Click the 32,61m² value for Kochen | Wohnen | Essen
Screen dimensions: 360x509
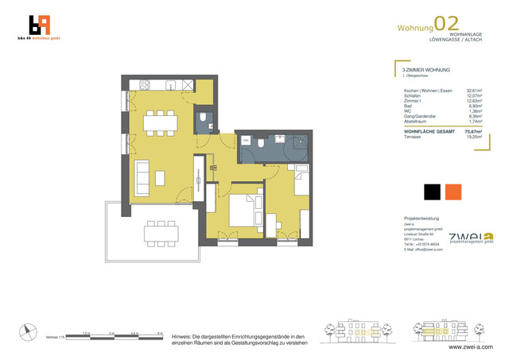click(x=474, y=91)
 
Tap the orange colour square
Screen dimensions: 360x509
click(x=453, y=192)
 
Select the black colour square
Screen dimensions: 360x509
click(x=432, y=192)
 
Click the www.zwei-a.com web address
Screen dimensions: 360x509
click(x=470, y=347)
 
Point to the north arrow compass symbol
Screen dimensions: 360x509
click(x=29, y=333)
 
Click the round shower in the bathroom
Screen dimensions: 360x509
click(x=299, y=144)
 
